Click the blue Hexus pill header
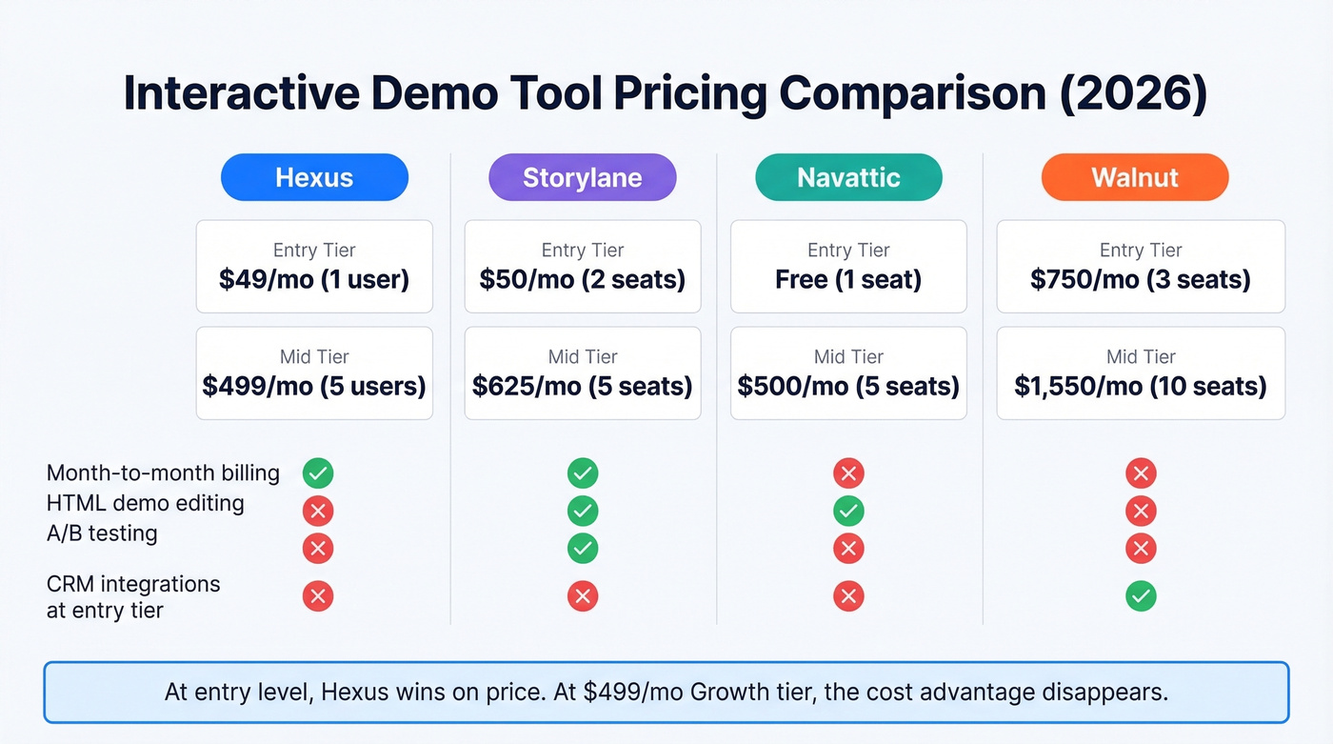tap(314, 177)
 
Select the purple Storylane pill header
tap(582, 177)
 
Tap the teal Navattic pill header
tap(848, 177)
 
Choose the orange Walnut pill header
tap(1135, 177)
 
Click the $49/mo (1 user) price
tap(314, 280)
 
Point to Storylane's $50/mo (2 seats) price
tap(582, 280)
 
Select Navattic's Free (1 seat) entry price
tap(848, 280)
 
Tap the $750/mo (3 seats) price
tap(1141, 280)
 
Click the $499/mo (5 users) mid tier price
tap(314, 386)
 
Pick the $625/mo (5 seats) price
tap(582, 386)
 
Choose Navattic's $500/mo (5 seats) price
tap(848, 386)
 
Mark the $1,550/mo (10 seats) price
tap(1141, 386)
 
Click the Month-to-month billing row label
tap(163, 473)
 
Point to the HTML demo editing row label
tap(145, 503)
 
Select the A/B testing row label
tap(102, 533)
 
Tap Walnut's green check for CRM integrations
tap(1141, 597)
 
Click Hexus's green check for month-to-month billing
tap(318, 473)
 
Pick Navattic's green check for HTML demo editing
tap(848, 512)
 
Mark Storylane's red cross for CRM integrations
tap(582, 597)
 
